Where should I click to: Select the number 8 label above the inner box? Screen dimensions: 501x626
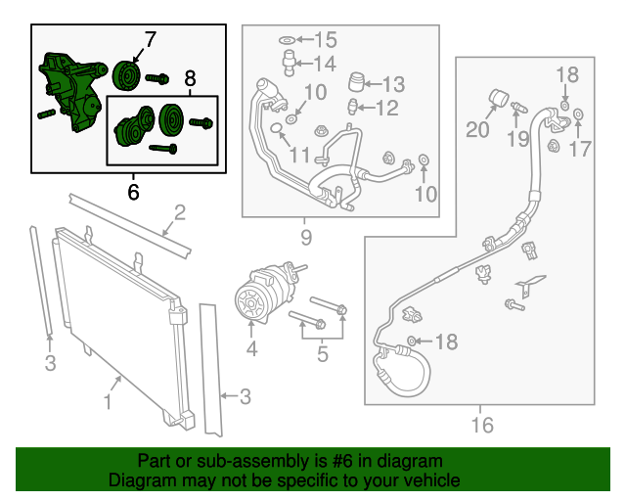click(190, 78)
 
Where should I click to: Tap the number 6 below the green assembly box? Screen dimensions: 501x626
click(133, 192)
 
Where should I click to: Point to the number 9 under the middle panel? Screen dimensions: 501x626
click(306, 237)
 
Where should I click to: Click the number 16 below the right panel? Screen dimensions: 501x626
click(481, 425)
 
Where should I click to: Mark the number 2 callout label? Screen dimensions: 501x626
click(179, 213)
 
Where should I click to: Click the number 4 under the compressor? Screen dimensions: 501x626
click(251, 348)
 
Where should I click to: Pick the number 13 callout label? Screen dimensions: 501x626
click(392, 84)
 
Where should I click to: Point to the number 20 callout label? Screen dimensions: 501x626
click(478, 129)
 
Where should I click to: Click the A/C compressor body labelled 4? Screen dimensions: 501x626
click(256, 296)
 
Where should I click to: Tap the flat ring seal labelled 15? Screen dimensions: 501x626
click(286, 40)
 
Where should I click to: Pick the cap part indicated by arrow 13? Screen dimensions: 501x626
click(357, 79)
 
